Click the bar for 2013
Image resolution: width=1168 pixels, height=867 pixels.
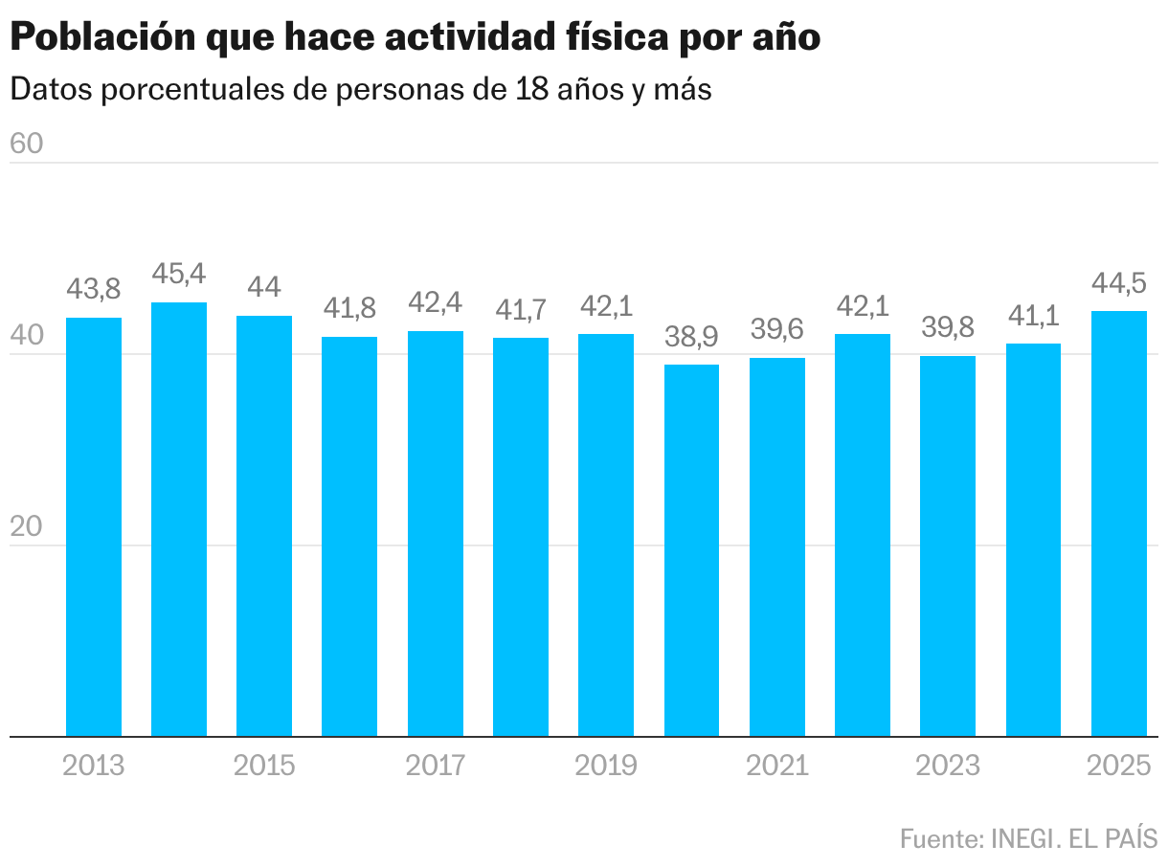pyautogui.click(x=94, y=526)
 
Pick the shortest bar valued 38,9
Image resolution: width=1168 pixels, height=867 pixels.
pyautogui.click(x=691, y=550)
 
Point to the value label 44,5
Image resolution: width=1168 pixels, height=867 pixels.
pyautogui.click(x=1119, y=283)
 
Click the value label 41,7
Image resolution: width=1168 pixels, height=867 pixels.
pyautogui.click(x=521, y=310)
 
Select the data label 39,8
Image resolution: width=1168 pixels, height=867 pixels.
pyautogui.click(x=948, y=328)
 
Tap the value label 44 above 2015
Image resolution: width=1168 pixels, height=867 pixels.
pyautogui.click(x=264, y=287)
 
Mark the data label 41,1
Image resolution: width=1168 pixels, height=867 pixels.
pyautogui.click(x=1034, y=316)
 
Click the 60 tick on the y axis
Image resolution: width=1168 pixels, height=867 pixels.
pyautogui.click(x=27, y=144)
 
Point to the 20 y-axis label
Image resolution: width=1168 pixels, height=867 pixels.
pyautogui.click(x=27, y=526)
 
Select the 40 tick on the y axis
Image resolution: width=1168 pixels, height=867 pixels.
pyautogui.click(x=27, y=336)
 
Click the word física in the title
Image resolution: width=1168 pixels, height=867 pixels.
pyautogui.click(x=614, y=38)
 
